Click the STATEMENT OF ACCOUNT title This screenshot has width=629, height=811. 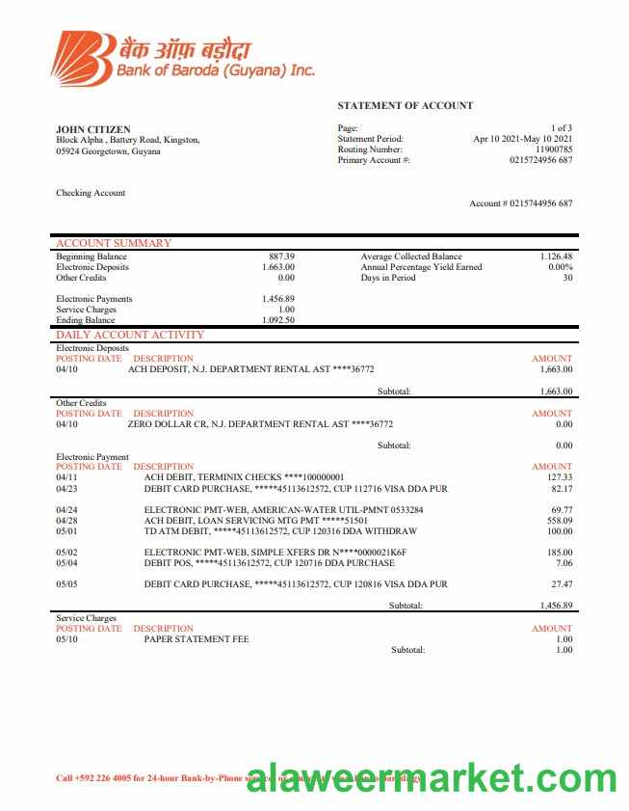tap(405, 105)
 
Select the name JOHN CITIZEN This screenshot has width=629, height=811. tap(93, 129)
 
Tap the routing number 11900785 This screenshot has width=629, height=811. tap(554, 149)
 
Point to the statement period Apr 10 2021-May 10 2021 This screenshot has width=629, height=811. tap(523, 139)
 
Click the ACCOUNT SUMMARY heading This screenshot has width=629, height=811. tap(114, 243)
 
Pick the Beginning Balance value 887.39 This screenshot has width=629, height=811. tap(281, 257)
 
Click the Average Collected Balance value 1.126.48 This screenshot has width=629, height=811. tap(556, 257)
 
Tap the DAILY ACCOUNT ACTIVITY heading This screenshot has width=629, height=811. tap(130, 335)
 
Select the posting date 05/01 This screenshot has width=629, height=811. tap(66, 530)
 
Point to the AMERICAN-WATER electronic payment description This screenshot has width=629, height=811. tap(283, 508)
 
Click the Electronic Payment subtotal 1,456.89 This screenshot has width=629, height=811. tap(556, 605)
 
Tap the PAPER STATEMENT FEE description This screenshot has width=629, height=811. tap(197, 638)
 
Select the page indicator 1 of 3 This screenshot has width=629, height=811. tap(562, 128)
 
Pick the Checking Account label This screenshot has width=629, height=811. tap(91, 193)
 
